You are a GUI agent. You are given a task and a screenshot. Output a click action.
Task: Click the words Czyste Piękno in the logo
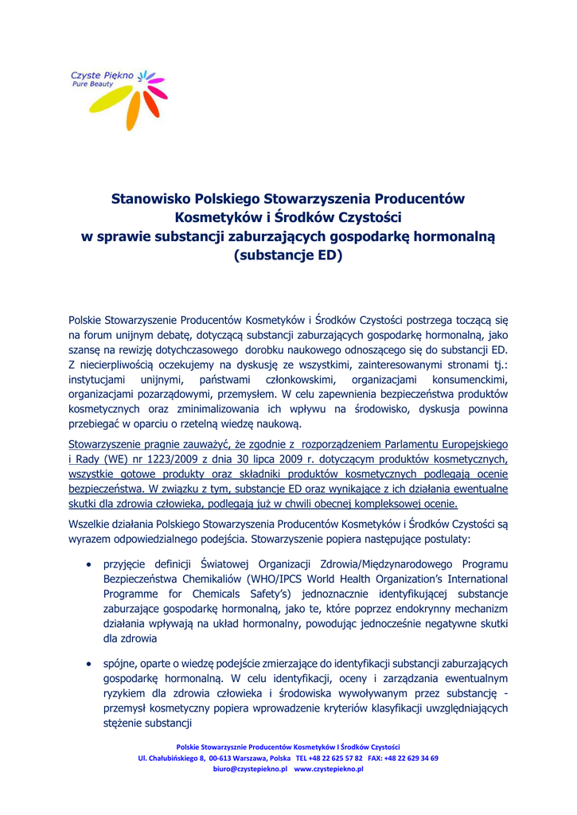tap(103, 76)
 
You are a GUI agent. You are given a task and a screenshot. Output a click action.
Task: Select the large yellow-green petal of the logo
tap(106, 102)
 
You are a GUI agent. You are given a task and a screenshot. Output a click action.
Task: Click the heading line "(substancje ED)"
tap(287, 255)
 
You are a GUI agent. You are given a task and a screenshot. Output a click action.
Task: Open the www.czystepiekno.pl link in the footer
tap(329, 770)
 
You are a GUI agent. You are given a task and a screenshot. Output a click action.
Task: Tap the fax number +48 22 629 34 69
tap(409, 758)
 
